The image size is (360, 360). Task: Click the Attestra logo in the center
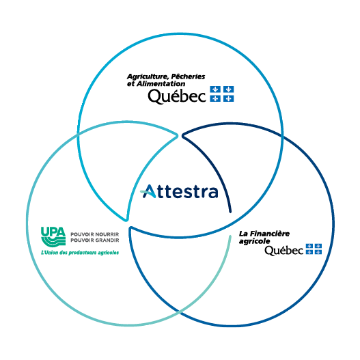click(179, 191)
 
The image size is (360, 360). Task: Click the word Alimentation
click(161, 83)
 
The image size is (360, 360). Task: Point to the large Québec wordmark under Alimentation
click(177, 96)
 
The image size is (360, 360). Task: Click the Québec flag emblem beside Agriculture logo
click(222, 94)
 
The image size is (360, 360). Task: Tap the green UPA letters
click(53, 232)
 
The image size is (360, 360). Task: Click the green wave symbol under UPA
click(54, 242)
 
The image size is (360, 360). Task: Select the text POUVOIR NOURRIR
click(94, 234)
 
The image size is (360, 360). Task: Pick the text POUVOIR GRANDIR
click(94, 240)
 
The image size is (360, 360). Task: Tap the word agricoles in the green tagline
click(109, 253)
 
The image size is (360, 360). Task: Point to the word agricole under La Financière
click(254, 242)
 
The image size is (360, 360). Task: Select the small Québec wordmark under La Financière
click(284, 251)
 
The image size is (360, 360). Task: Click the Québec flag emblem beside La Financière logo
click(314, 249)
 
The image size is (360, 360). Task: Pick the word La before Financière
click(243, 234)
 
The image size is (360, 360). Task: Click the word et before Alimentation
click(130, 84)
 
